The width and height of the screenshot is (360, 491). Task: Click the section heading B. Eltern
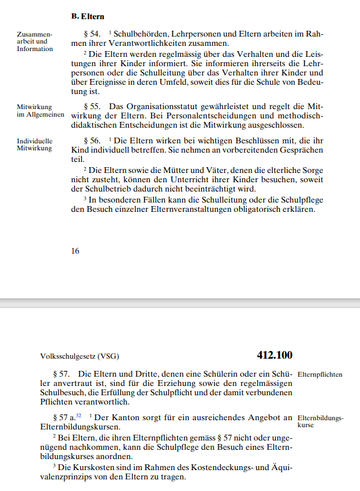88,17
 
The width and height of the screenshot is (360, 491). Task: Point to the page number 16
75,251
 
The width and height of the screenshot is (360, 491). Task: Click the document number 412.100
275,355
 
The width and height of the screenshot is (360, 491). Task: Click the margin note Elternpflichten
319,374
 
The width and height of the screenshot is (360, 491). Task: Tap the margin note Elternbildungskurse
320,421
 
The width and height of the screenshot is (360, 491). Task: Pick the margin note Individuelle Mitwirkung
34,145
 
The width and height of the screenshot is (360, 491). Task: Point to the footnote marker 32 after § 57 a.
79,416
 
